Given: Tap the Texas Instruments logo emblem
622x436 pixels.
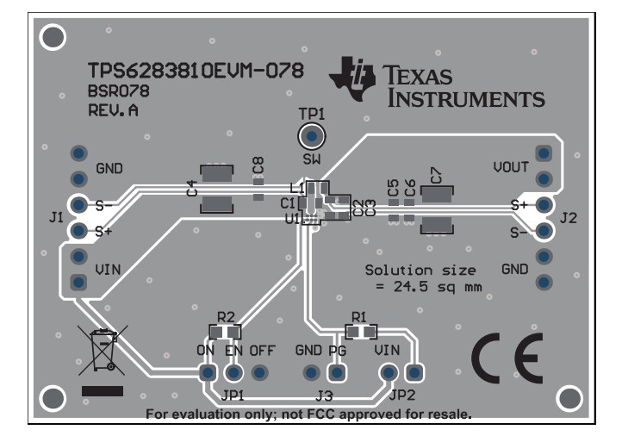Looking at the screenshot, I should (353, 76).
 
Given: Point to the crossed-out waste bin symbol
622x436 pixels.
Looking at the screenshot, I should (103, 352).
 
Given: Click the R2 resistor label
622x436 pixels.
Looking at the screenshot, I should (226, 316).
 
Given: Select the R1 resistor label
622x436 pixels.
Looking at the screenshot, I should (360, 316).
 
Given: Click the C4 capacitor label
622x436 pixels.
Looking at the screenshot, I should (191, 186).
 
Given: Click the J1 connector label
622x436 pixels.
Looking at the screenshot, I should (56, 219).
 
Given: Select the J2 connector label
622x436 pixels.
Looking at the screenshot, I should (568, 218).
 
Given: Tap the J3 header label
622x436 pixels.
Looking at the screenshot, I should (323, 396).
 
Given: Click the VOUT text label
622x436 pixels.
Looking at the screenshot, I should (511, 165).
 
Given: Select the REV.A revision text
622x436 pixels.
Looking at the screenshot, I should (113, 110).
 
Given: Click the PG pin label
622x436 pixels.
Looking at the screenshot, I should (337, 352).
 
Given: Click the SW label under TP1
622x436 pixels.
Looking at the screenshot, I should (310, 159).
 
